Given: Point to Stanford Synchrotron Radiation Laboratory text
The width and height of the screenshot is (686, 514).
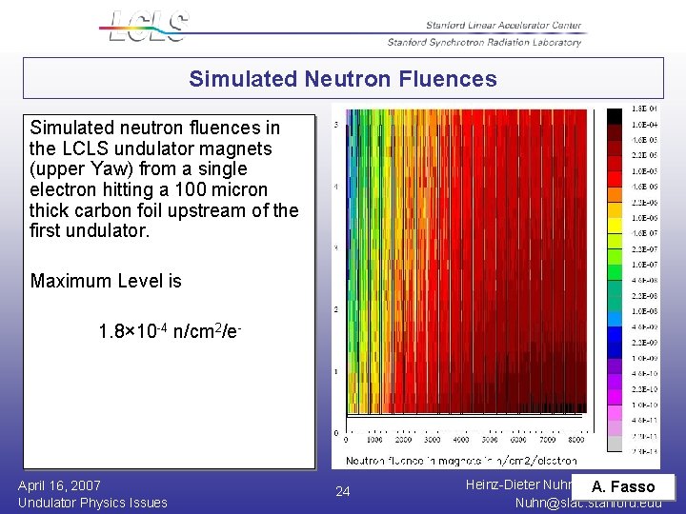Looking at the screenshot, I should [x=484, y=42].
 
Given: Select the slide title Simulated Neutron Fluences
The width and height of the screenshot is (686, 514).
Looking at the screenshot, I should [x=342, y=79].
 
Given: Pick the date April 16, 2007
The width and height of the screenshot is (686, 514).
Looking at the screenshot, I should [x=59, y=485].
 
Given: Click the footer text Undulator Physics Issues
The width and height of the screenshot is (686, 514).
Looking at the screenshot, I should [x=92, y=503].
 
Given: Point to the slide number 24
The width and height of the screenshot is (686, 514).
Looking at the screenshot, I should [x=343, y=492].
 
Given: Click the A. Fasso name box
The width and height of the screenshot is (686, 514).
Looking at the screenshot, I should [x=623, y=487].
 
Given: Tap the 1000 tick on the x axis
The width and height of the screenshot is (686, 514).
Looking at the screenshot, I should [x=374, y=441].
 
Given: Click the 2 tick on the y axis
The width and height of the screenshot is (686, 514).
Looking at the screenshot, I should [x=334, y=310].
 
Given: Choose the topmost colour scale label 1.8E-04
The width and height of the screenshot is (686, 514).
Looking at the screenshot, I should [x=645, y=109].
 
